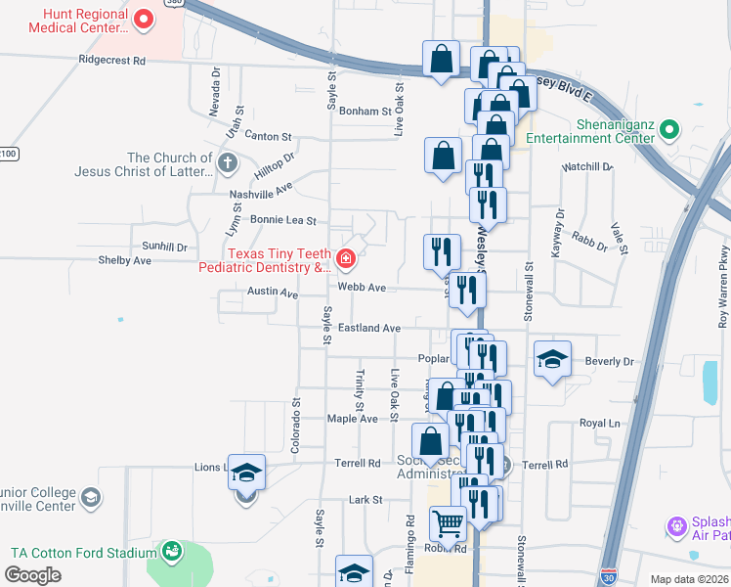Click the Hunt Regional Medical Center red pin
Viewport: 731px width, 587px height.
click(x=144, y=19)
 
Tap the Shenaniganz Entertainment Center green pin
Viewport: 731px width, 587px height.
click(x=669, y=129)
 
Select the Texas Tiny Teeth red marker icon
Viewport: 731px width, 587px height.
click(x=345, y=259)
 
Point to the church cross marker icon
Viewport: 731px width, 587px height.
click(x=227, y=162)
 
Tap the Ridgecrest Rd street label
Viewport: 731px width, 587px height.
click(x=112, y=60)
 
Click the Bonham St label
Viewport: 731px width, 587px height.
click(x=365, y=112)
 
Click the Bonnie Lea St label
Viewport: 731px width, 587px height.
click(x=283, y=221)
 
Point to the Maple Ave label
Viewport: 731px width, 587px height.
click(x=352, y=419)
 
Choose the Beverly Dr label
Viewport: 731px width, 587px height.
click(x=609, y=361)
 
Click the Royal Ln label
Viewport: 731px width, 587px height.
click(x=600, y=424)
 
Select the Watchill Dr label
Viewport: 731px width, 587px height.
click(x=587, y=167)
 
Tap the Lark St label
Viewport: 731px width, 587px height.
click(x=365, y=500)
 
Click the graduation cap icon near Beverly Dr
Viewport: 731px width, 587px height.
click(x=552, y=359)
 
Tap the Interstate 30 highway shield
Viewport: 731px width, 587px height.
click(x=611, y=578)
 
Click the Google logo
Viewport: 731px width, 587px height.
click(x=33, y=575)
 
